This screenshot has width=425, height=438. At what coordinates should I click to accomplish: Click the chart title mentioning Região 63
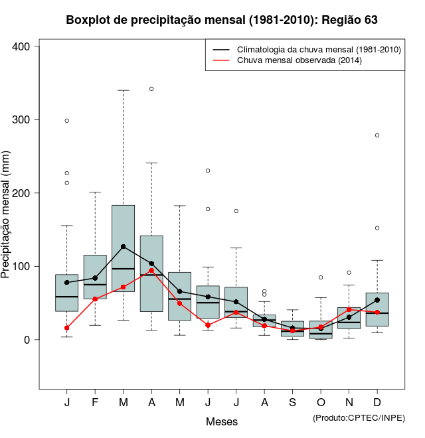click(222, 20)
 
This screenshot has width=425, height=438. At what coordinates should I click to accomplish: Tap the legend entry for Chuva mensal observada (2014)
click(298, 60)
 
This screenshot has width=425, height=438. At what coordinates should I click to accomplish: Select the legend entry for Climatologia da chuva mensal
click(319, 50)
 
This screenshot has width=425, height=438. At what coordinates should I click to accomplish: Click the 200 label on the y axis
click(21, 193)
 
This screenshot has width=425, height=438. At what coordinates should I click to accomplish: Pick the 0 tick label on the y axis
click(27, 340)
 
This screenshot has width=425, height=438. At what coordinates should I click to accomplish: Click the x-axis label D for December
click(377, 403)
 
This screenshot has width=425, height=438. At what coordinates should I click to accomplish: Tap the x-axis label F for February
click(95, 403)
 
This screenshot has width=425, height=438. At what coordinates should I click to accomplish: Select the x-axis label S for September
click(292, 403)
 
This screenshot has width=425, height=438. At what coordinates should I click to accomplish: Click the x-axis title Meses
click(222, 421)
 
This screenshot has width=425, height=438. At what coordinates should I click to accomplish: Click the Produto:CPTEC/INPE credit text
click(359, 417)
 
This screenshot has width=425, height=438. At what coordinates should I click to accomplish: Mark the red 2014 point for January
click(67, 328)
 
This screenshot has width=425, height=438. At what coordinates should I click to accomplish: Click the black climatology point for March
click(123, 247)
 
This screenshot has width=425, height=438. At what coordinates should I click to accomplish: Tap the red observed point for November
click(349, 309)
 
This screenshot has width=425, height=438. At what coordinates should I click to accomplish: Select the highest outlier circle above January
click(67, 121)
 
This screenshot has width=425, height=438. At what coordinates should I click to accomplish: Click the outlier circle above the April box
click(151, 88)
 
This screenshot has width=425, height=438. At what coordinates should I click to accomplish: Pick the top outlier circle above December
click(377, 135)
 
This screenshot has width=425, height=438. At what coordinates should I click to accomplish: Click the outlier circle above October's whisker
click(321, 277)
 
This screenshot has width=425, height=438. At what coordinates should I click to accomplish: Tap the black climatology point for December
click(377, 300)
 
